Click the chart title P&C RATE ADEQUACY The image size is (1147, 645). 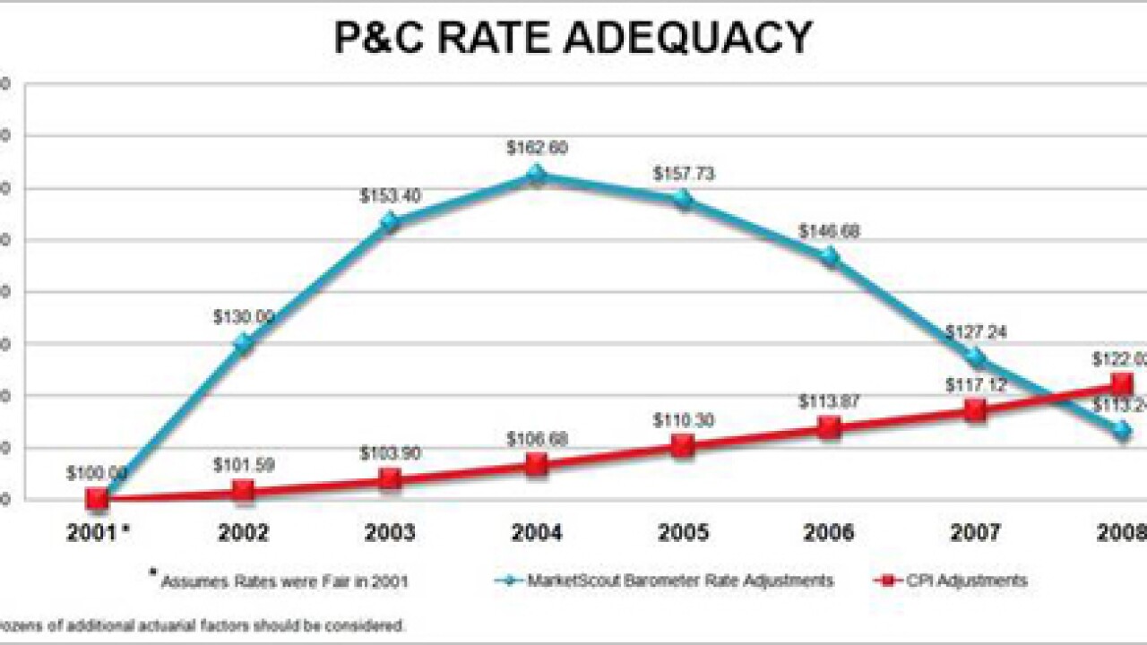(573, 38)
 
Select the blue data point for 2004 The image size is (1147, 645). (536, 174)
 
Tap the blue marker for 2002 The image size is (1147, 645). (243, 343)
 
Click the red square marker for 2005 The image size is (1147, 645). (683, 445)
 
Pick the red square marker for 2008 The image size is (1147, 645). (1122, 384)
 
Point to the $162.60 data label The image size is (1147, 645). (536, 148)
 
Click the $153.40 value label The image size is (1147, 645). (390, 196)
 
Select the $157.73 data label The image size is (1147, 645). (683, 174)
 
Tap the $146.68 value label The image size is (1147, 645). (829, 231)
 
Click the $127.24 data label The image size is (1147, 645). (975, 331)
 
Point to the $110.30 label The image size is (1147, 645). (683, 419)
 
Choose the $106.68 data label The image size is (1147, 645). (536, 439)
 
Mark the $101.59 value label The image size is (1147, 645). (243, 465)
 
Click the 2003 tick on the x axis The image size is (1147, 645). (390, 534)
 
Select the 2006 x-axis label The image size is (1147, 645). (829, 534)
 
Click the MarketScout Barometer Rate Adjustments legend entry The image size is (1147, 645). (663, 580)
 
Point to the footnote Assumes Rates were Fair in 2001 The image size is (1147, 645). (283, 581)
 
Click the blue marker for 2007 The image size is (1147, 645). (975, 358)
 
